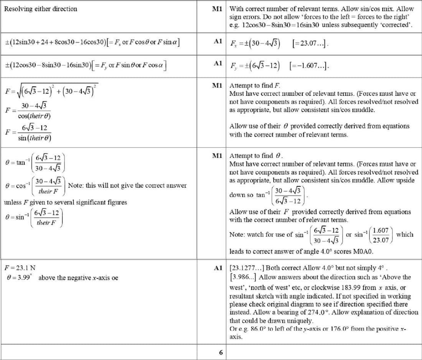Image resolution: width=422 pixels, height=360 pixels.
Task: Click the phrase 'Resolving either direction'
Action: (x=40, y=9)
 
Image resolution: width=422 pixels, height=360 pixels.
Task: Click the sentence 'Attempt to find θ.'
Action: (x=256, y=156)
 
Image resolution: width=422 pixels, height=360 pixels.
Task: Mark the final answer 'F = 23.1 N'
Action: (x=20, y=268)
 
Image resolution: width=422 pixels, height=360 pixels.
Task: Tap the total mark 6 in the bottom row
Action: (x=221, y=352)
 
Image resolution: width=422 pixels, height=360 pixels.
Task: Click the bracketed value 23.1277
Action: (x=247, y=268)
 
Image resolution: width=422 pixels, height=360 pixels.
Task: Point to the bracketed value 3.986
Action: (x=244, y=277)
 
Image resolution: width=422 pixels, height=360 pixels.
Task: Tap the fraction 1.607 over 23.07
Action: (x=381, y=235)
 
